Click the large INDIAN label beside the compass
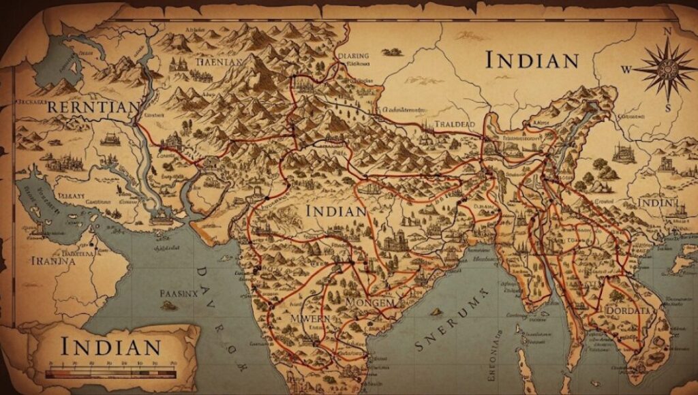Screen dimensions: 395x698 tap(532, 61)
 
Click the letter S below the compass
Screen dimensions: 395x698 tap(669, 107)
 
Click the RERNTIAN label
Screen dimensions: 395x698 tap(93, 108)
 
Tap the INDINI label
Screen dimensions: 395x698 tap(657, 204)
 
